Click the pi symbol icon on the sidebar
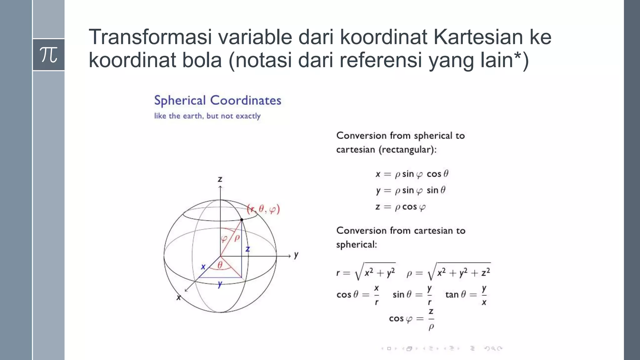[48, 55]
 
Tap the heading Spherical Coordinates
[217, 100]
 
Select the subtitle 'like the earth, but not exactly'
[207, 116]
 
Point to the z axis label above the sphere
[220, 179]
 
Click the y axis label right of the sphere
[296, 255]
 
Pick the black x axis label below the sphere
[178, 297]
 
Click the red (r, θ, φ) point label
[263, 209]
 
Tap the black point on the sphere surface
[242, 220]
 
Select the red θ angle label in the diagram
[220, 265]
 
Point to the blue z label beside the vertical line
[247, 249]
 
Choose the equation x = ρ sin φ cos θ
[412, 174]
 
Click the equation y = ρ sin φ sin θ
[411, 190]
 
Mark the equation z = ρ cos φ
[400, 207]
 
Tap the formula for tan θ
[466, 295]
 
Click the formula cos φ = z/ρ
[412, 319]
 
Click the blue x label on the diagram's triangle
[203, 267]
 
